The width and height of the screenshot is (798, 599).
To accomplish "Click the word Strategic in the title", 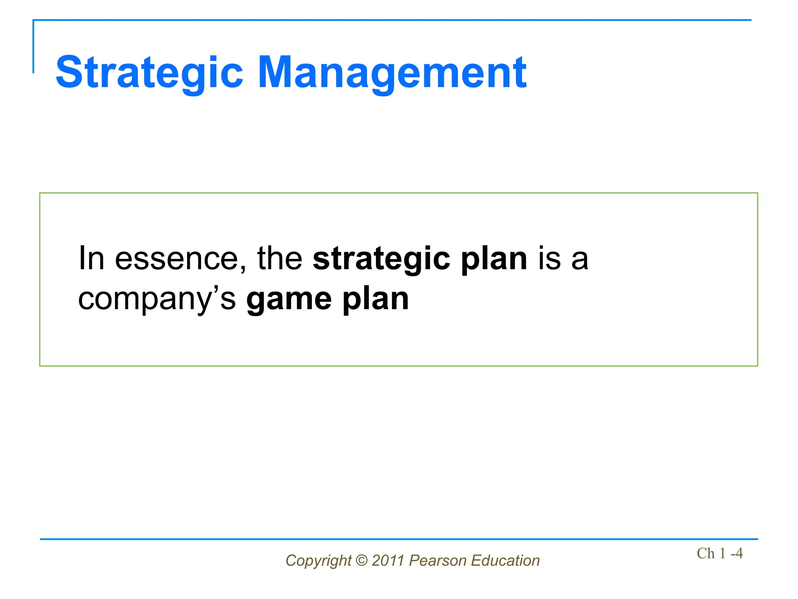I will (x=150, y=73).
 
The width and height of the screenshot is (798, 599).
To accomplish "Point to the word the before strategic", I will (x=280, y=258).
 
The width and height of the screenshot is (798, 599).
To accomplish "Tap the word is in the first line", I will (x=549, y=258).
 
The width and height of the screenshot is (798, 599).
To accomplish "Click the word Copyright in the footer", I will (x=318, y=561).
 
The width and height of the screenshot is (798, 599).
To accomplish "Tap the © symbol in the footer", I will (x=362, y=560).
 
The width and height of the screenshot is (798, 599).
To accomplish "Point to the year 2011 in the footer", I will (x=388, y=560).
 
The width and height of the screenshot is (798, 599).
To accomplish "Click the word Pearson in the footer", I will (x=438, y=560).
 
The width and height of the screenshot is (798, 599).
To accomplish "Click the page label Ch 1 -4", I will (x=719, y=553).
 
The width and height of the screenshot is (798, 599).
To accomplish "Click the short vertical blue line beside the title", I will (x=34, y=47).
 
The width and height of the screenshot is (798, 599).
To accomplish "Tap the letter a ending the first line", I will (x=579, y=261).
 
